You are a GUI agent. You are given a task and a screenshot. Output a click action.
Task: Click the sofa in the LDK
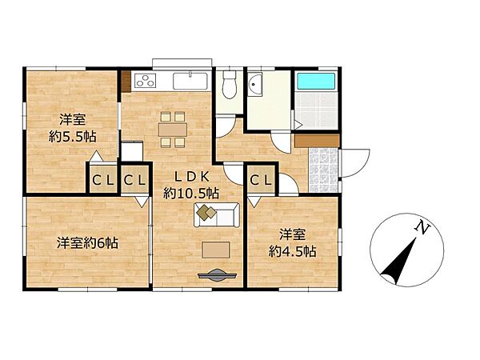coord(216,214)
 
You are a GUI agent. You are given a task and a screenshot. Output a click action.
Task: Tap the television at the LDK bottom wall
coord(215,276)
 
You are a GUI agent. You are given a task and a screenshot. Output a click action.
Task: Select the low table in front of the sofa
coord(215,250)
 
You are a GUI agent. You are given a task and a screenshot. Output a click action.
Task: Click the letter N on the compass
coord(418,229)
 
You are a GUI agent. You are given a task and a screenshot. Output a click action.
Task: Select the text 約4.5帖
coord(292,250)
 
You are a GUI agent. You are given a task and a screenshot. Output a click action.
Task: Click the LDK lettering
coord(191,178)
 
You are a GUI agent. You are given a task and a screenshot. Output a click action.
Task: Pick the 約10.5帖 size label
coord(192,193)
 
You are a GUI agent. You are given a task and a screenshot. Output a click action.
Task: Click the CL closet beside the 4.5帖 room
coord(261,181)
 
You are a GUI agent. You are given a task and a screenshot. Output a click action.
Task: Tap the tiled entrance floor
coord(323,169)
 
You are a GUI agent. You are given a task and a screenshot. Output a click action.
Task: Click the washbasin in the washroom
coord(256,84)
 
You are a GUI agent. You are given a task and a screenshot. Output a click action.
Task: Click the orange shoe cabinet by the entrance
coord(316,140)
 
